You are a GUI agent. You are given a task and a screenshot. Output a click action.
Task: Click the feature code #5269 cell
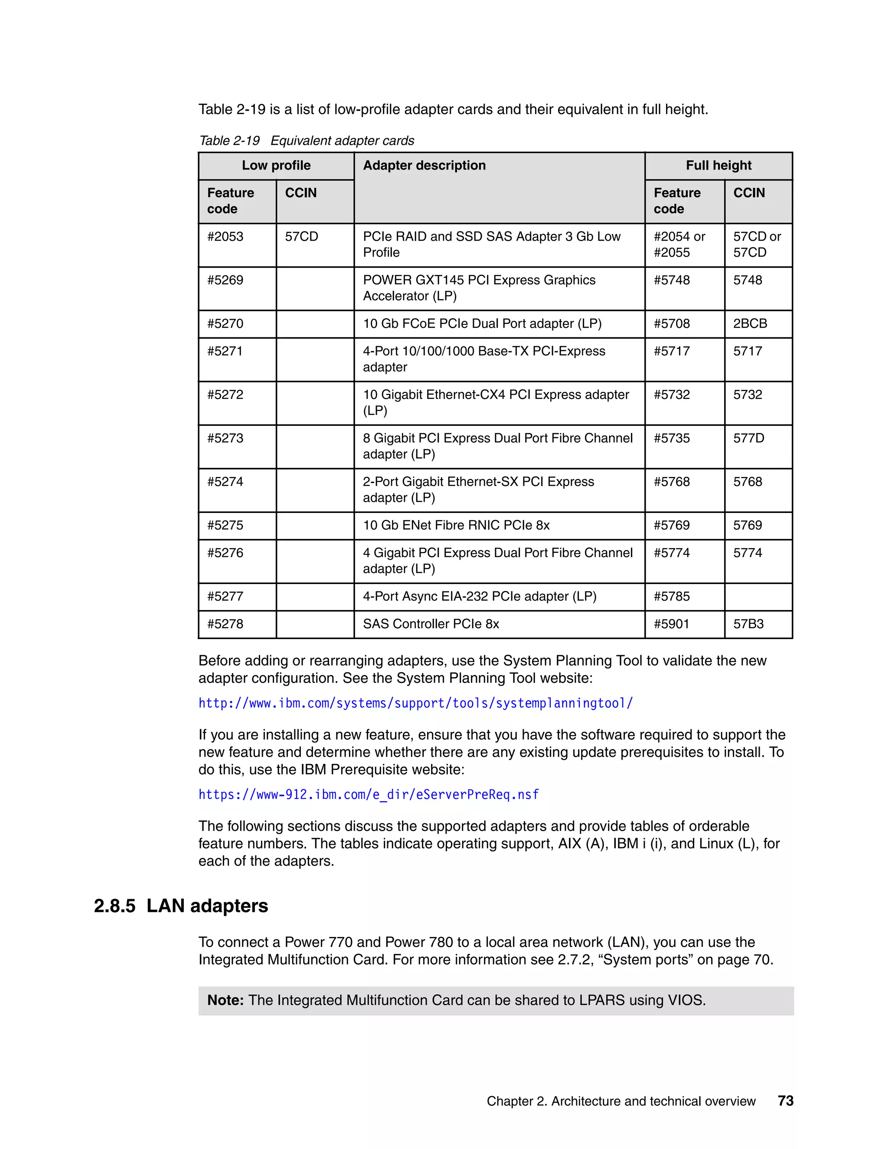225,280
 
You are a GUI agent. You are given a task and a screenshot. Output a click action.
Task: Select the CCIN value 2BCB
750,323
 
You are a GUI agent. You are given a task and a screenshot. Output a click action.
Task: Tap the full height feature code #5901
671,624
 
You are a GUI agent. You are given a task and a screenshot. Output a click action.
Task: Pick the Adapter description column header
424,166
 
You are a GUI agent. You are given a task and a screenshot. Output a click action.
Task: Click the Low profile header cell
276,166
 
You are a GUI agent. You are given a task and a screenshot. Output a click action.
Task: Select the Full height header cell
718,166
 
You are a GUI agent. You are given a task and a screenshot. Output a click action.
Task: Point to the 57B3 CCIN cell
748,624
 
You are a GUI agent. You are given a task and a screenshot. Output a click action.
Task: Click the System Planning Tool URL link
415,703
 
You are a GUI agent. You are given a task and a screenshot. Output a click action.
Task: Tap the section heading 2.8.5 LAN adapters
181,906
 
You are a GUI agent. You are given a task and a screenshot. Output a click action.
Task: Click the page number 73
785,1100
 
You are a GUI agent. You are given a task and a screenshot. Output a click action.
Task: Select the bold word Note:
225,1000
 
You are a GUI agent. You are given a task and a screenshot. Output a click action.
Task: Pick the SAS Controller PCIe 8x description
431,624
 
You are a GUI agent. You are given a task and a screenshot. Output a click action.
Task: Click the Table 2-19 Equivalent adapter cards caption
306,140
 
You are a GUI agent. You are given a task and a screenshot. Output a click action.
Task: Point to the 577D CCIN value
748,438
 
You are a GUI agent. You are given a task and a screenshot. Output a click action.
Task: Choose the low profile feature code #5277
225,597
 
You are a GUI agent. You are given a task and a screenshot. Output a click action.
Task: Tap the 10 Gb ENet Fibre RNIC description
456,525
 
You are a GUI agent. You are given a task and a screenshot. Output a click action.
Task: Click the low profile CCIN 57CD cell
301,237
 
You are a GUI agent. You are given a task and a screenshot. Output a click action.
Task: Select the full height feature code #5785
671,597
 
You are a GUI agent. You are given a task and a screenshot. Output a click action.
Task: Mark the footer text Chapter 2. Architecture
621,1101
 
